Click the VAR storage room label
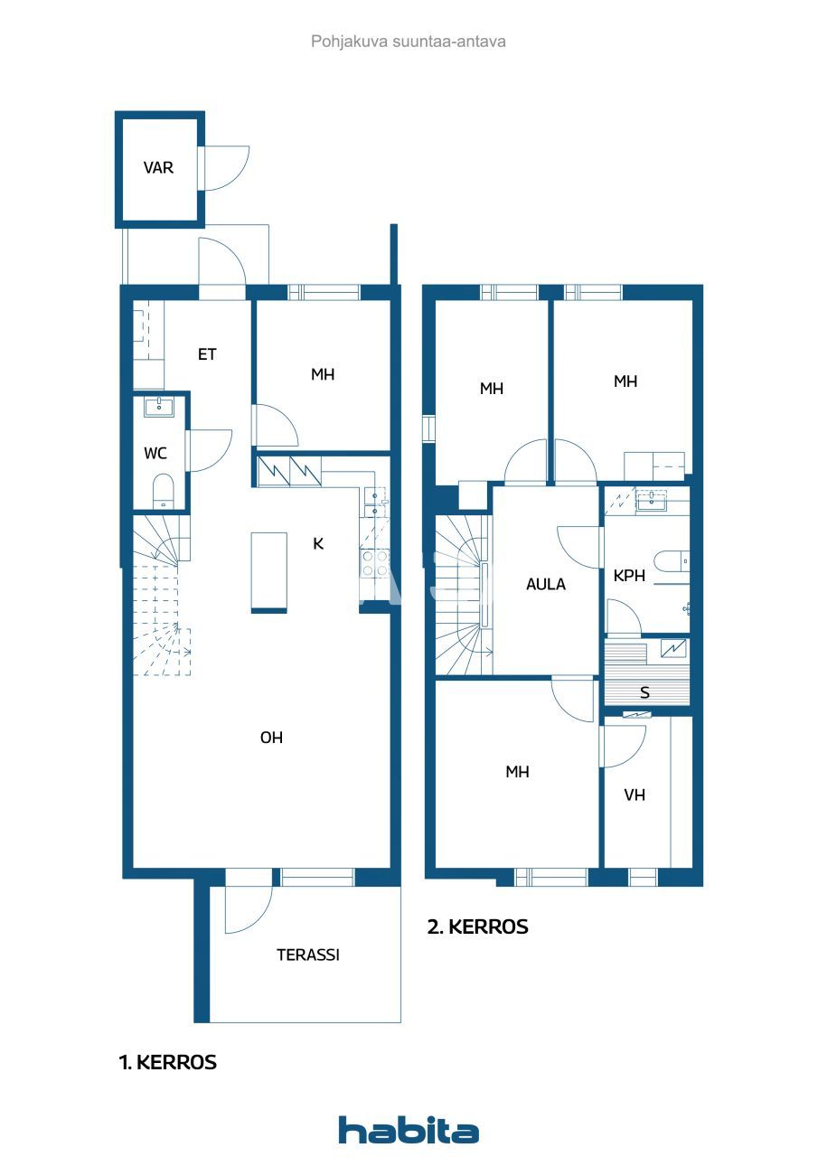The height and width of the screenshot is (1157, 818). coord(158,168)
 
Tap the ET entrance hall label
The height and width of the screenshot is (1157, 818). coord(207,354)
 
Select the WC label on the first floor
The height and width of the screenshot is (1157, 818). coord(155,453)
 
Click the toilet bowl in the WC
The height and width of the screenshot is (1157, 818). coord(163,491)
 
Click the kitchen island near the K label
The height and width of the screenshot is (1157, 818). coord(269,572)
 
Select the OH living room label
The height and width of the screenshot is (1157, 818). coord(271,738)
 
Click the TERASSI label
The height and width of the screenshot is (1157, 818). coord(307,955)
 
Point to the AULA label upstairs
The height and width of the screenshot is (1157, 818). coord(546,585)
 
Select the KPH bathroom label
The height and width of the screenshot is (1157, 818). coord(629,576)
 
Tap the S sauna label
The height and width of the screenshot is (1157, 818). coord(644,693)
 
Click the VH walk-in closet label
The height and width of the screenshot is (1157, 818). coord(635,795)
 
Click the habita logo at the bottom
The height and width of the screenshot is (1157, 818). coord(409,1130)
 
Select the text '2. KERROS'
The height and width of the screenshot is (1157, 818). coord(477,927)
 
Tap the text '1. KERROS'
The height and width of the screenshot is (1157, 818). coord(168,1063)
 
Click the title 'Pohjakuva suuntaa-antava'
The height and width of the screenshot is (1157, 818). coord(409,42)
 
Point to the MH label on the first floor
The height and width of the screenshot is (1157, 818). coord(323,374)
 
